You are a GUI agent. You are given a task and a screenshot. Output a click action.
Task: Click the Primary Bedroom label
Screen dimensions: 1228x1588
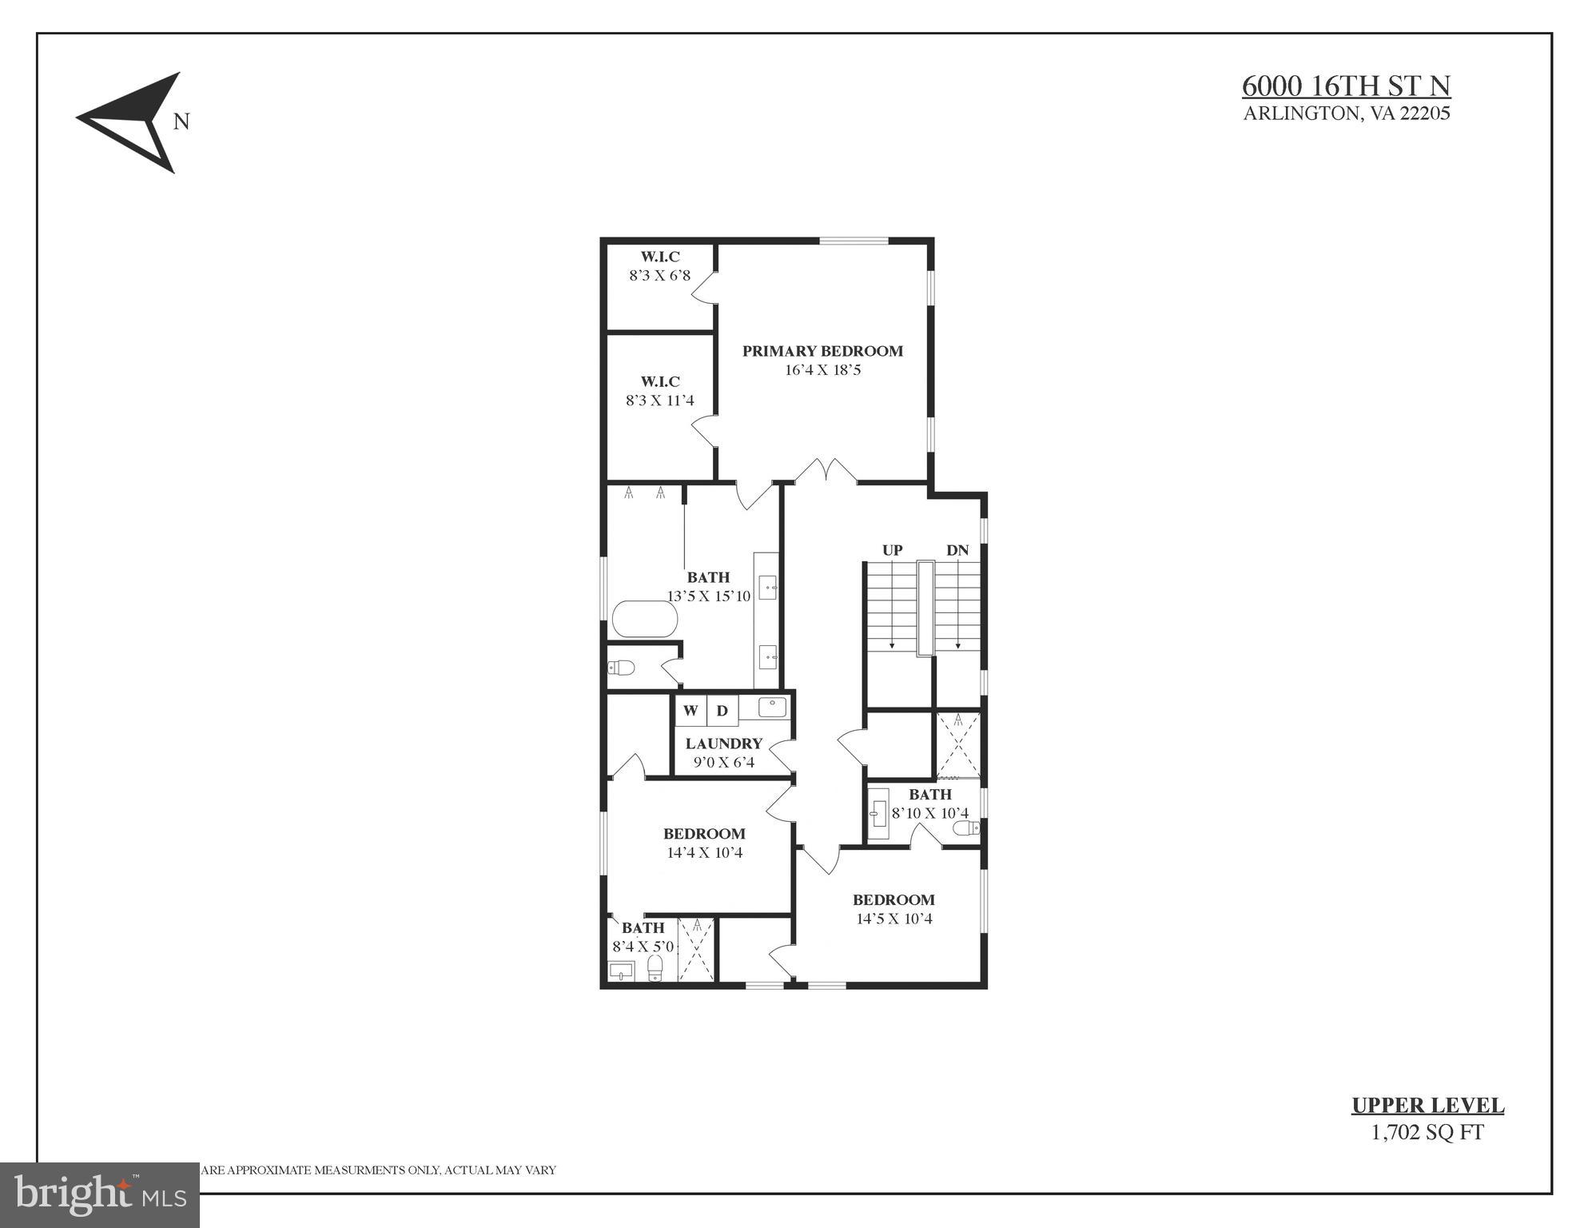point(822,351)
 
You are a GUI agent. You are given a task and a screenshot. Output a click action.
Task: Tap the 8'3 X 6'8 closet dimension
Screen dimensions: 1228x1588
point(659,276)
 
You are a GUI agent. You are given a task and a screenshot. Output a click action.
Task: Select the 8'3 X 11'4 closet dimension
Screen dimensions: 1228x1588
point(659,401)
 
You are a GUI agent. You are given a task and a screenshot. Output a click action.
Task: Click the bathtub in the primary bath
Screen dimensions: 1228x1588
point(645,620)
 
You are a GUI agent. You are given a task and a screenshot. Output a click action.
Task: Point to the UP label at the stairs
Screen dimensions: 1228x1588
point(892,550)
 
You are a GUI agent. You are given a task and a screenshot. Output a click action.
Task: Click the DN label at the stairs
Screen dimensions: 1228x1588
point(957,550)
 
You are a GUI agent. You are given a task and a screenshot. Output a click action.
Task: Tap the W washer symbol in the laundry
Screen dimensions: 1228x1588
point(691,711)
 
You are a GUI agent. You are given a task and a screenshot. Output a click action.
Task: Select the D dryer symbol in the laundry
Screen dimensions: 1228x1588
point(722,711)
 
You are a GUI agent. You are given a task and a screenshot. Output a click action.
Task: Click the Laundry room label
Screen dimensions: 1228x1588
point(723,744)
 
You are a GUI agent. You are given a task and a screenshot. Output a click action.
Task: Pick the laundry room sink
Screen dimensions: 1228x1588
point(772,708)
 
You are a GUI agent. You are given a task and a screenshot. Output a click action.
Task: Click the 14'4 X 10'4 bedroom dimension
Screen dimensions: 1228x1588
point(704,853)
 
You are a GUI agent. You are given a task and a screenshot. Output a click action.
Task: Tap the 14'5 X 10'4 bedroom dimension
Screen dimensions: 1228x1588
point(893,919)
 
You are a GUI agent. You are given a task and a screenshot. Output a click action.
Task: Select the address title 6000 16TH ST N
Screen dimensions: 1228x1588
point(1346,86)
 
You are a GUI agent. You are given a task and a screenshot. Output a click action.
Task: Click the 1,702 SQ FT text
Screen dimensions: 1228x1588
point(1427,1133)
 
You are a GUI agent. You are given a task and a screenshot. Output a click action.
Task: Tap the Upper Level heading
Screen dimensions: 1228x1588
point(1427,1106)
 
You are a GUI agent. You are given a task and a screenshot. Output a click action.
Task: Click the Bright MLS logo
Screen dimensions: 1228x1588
point(99,1195)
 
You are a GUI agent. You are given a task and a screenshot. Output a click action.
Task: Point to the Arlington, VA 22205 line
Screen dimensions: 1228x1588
point(1346,114)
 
